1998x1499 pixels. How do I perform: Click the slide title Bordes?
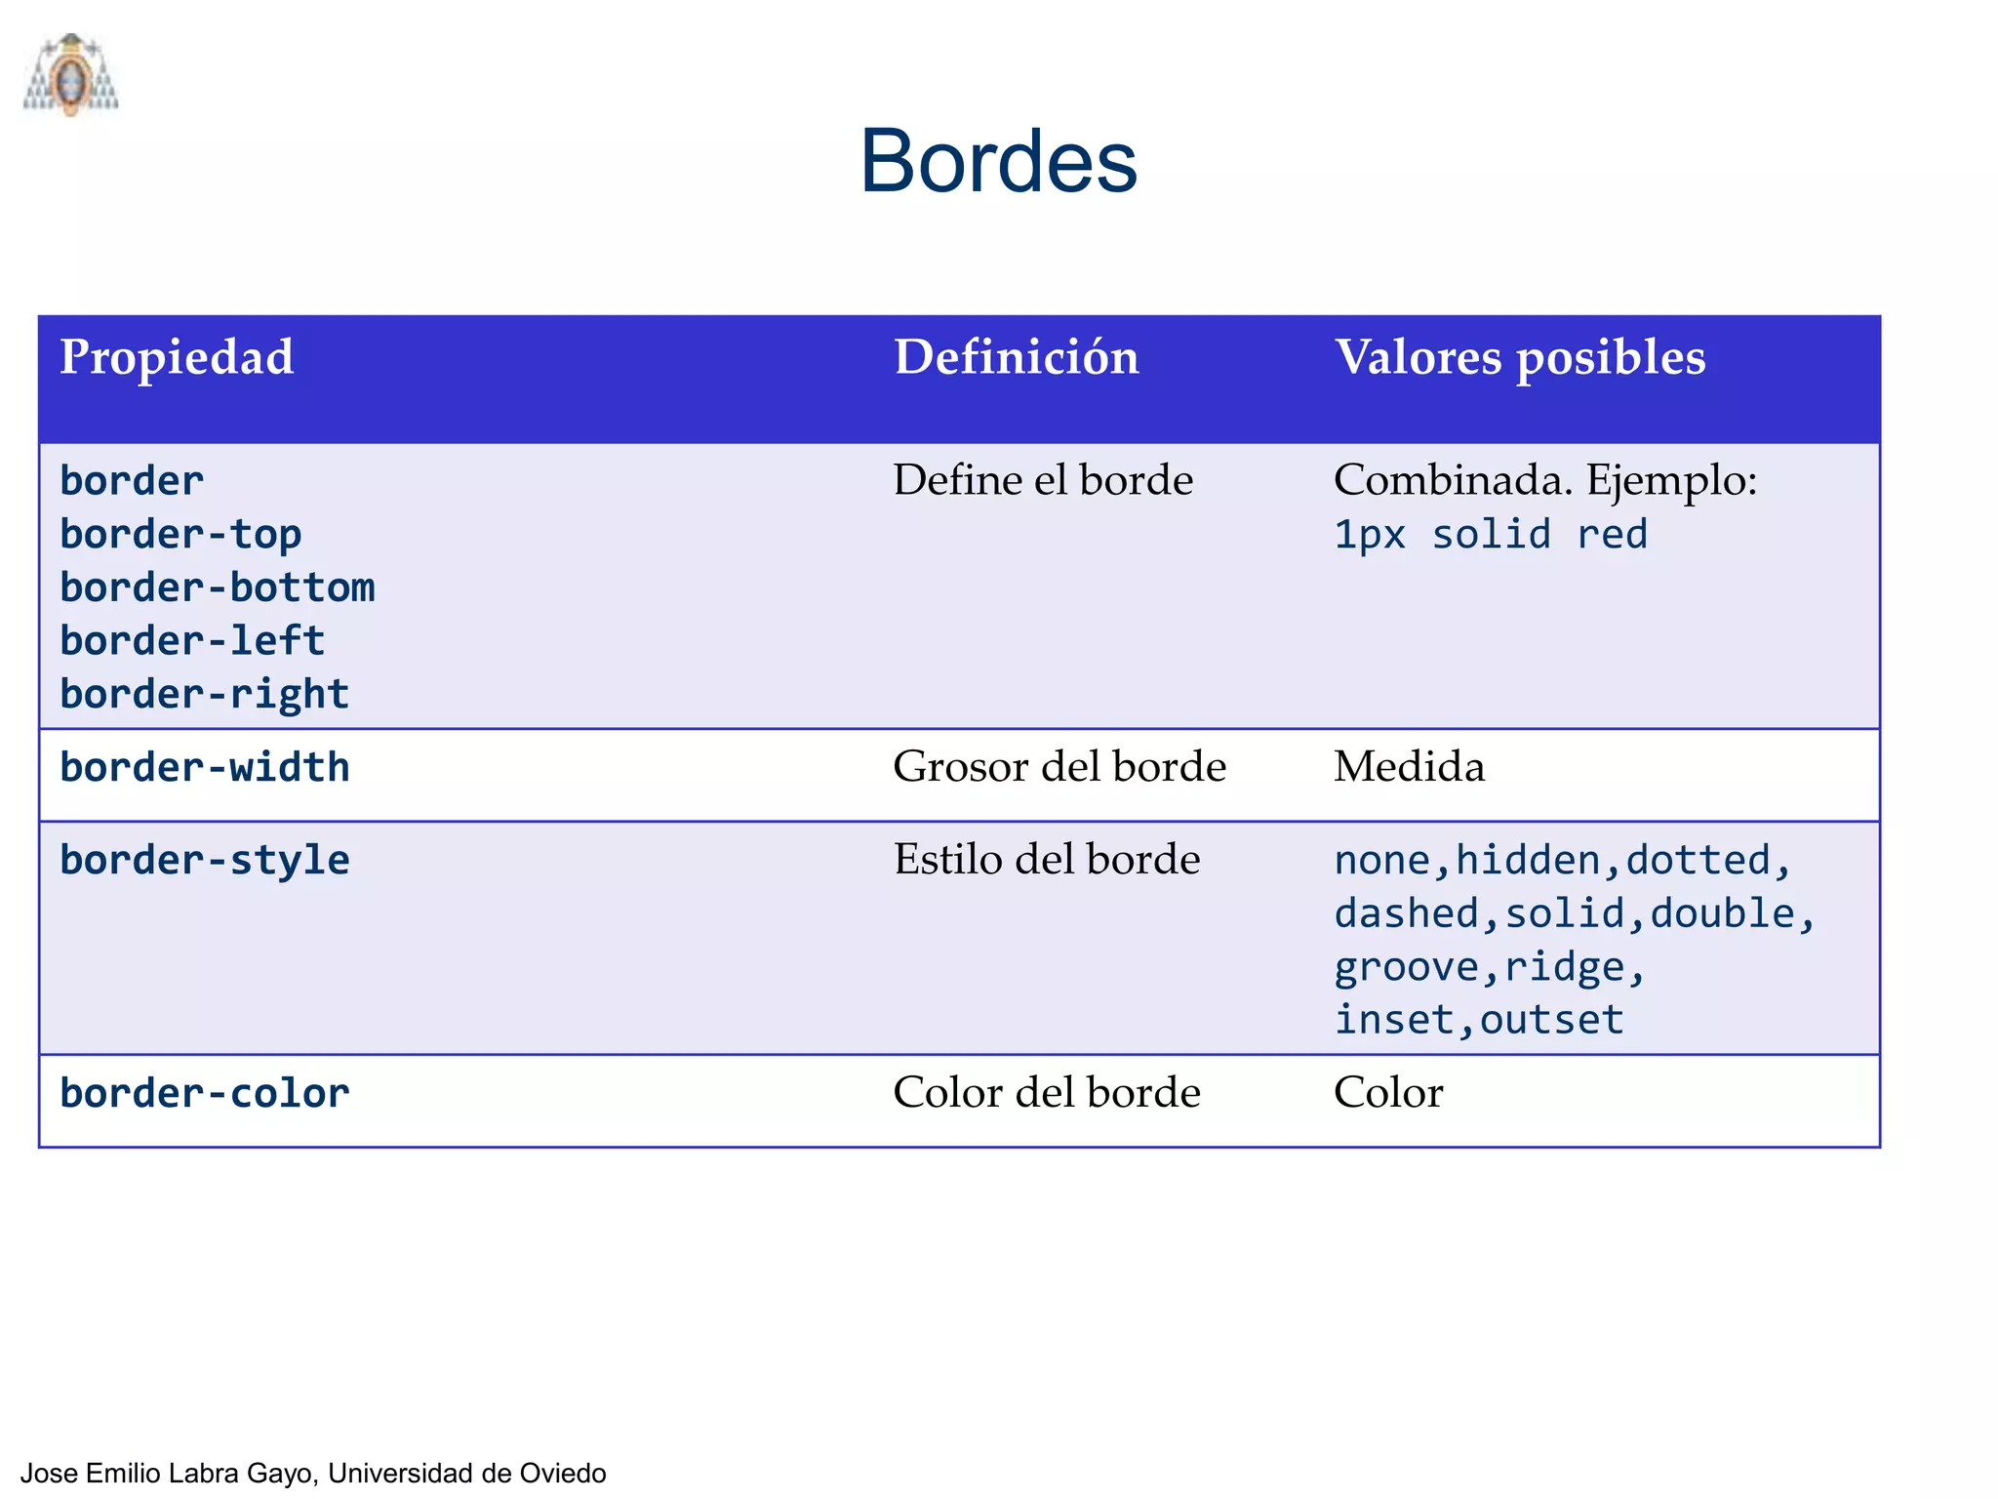tap(998, 161)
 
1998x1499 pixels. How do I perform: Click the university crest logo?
tap(70, 75)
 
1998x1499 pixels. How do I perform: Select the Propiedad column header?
tap(177, 357)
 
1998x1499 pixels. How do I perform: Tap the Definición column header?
tap(1017, 357)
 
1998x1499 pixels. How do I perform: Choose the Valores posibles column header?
tap(1520, 357)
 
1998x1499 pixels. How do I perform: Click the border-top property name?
tap(180, 535)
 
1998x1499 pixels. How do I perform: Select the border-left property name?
tap(192, 641)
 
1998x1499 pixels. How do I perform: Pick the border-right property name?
tap(205, 695)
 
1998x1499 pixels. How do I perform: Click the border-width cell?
tap(205, 768)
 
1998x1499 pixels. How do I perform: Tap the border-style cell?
tap(205, 861)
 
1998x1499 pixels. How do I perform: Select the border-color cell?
tap(205, 1094)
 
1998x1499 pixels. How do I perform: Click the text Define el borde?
tap(1043, 480)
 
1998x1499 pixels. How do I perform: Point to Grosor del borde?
tap(1059, 767)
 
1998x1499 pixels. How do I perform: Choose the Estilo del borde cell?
tap(1047, 860)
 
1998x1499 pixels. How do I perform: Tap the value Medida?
tap(1409, 767)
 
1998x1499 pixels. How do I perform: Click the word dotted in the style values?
tap(1698, 861)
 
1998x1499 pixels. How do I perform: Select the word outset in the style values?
tap(1551, 1021)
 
